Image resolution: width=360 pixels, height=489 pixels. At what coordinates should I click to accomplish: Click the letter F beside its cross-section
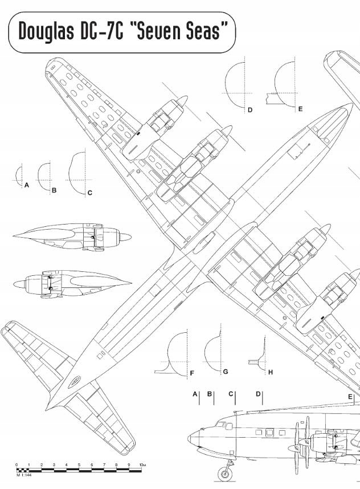[192, 373]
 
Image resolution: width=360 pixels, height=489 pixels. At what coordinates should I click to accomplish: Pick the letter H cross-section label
[271, 372]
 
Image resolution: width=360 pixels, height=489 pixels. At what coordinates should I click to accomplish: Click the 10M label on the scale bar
[143, 465]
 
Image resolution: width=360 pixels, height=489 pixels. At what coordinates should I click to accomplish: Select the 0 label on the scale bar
[17, 465]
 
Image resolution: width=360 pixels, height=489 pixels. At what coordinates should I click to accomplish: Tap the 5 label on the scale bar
[79, 465]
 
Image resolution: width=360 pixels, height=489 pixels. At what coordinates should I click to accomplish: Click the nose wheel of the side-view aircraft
[224, 472]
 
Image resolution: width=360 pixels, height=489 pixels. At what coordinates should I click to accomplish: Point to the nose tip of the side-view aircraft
[189, 439]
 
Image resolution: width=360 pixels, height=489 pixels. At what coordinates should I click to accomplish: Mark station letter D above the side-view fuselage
[258, 394]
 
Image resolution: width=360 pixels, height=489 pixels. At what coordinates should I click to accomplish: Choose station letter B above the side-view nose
[210, 394]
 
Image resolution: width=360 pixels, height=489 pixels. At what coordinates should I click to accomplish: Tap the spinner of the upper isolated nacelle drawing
[129, 235]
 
